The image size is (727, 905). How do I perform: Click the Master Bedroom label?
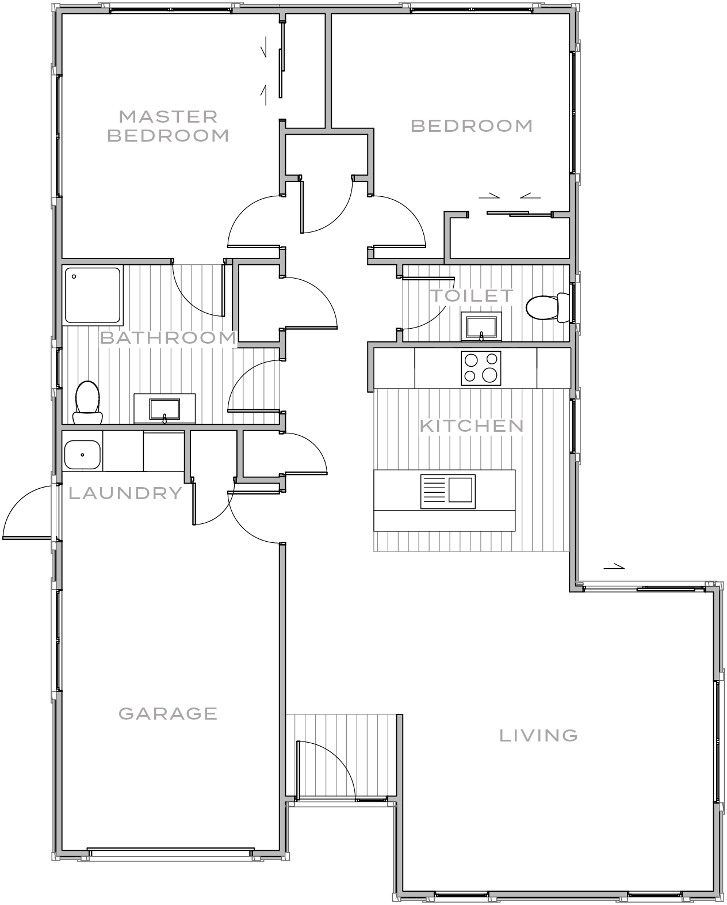(168, 126)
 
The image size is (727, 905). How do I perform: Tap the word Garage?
(168, 714)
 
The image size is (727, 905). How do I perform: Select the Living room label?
(538, 735)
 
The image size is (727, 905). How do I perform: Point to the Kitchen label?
(472, 426)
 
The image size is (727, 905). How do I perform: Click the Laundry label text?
(125, 493)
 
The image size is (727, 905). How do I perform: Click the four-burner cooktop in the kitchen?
(481, 368)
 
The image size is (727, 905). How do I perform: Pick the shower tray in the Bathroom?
(93, 294)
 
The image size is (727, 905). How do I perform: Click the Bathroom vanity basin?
(164, 409)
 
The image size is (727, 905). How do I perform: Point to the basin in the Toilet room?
(481, 326)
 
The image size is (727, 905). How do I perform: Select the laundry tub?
(82, 455)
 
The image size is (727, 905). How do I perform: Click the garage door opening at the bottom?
(170, 853)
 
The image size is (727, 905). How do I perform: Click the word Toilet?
(472, 296)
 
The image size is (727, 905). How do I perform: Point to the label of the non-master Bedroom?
(472, 126)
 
